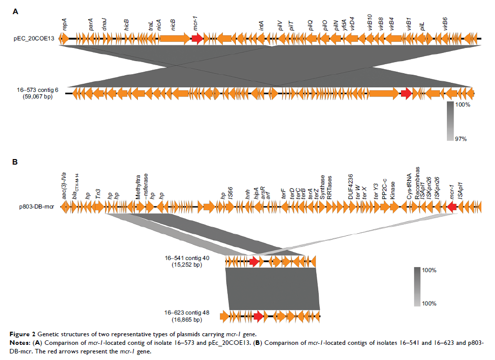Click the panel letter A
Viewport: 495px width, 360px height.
(x=15, y=11)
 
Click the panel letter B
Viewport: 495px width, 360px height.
(x=15, y=163)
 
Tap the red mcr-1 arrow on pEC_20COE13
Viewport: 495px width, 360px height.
(x=197, y=38)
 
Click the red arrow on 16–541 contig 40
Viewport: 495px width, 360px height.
(x=254, y=261)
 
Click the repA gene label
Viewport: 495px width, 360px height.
(x=65, y=25)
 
